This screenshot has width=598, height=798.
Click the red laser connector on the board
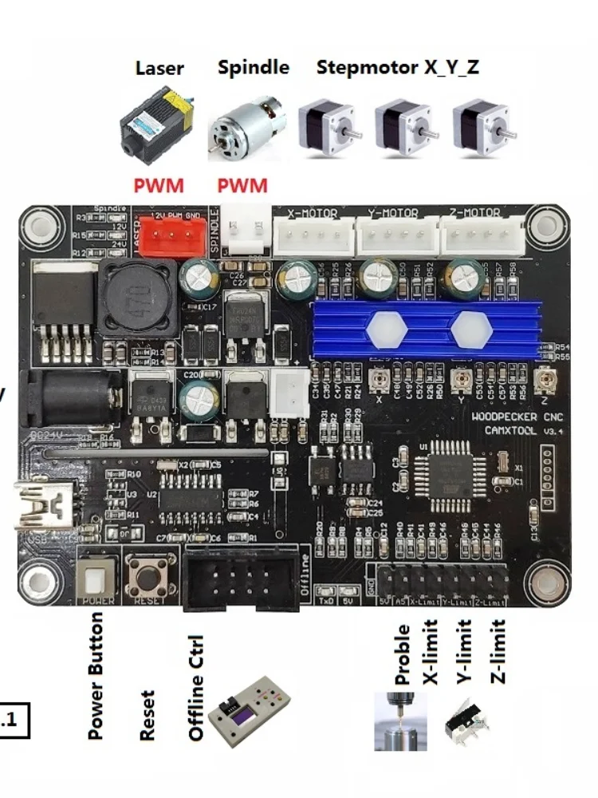163,236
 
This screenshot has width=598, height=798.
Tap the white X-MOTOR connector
314,235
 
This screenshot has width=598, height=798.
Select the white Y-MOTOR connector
396,235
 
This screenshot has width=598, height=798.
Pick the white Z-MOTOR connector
482,235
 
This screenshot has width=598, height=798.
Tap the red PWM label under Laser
158,186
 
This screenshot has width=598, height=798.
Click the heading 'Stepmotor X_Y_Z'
397,67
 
